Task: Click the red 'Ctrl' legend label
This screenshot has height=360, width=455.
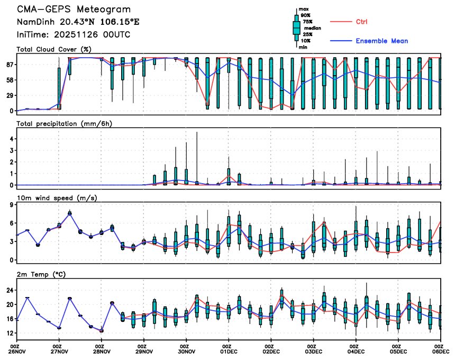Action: tap(362, 22)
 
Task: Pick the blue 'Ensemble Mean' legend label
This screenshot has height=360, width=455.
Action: tap(381, 41)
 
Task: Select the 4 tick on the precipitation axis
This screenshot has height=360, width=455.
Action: tap(11, 139)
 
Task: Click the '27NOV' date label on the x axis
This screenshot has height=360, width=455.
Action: tap(59, 350)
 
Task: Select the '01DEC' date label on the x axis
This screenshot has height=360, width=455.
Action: tap(229, 350)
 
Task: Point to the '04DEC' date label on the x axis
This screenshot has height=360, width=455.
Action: tap(356, 350)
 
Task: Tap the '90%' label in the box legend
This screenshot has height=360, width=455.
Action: tap(305, 15)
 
